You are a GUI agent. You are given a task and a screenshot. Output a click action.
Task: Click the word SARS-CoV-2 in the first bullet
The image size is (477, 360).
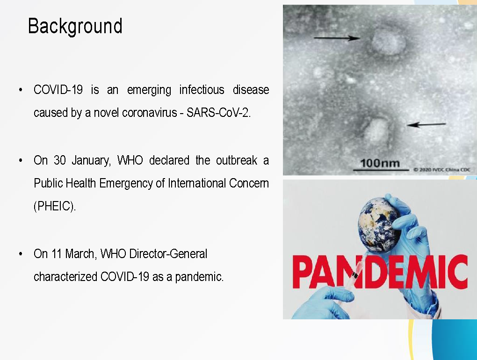coord(218,113)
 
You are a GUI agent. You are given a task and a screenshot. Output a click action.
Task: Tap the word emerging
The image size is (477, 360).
coord(149,90)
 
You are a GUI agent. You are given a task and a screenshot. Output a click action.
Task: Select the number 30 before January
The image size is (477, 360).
coord(60,160)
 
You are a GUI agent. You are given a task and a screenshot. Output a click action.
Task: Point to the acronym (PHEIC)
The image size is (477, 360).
coord(54,206)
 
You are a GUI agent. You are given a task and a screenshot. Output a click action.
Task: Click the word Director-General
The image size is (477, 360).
coord(168,253)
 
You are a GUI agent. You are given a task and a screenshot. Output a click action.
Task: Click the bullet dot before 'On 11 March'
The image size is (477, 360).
coord(21,254)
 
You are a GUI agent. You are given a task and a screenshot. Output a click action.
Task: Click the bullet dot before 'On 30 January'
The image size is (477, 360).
coord(21,160)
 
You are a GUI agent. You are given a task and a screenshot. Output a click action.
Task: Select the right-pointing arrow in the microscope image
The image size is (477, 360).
coord(337,38)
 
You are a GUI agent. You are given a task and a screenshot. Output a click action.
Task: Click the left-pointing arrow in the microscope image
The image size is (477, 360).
coord(426,124)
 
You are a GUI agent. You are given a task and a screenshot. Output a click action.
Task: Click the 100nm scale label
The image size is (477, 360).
coord(380,163)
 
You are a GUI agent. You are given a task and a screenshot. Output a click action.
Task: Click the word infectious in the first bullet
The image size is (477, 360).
coord(202,90)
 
